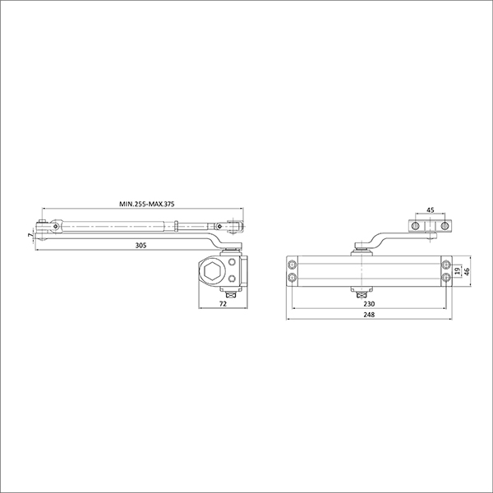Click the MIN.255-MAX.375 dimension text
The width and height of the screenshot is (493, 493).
pos(146,204)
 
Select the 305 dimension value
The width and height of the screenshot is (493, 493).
pos(141,246)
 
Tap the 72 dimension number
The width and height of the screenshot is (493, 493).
pos(223,304)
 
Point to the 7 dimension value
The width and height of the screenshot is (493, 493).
pos(30,235)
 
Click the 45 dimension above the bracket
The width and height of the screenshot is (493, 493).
pos(430,210)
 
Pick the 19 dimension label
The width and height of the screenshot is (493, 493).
pos(458,270)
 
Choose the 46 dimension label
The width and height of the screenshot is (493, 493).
pos(467,271)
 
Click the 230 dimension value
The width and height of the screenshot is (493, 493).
pos(369,304)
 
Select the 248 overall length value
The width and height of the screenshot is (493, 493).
pos(369,315)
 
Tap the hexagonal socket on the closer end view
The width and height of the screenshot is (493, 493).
pos(212,270)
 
